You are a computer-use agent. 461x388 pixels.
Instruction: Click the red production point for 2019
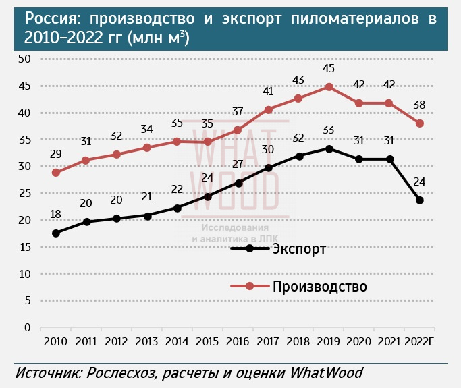[329, 87]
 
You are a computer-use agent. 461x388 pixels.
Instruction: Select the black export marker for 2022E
[420, 200]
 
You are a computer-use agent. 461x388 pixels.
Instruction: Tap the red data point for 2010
[56, 173]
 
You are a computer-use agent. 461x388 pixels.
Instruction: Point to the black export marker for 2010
[56, 233]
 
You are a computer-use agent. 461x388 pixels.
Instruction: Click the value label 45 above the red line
[329, 69]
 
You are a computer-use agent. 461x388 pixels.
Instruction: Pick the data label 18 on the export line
[56, 215]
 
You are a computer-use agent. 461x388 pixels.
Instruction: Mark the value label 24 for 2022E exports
[420, 182]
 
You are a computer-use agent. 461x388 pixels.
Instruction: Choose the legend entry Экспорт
[300, 248]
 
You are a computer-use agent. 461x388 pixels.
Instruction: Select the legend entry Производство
[319, 287]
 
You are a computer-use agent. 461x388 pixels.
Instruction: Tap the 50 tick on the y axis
[25, 59]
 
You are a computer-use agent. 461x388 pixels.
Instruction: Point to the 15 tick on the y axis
[25, 248]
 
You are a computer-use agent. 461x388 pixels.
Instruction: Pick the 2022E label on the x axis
[420, 341]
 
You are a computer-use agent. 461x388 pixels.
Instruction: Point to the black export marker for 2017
[269, 168]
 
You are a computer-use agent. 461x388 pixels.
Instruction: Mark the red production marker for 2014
[177, 142]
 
